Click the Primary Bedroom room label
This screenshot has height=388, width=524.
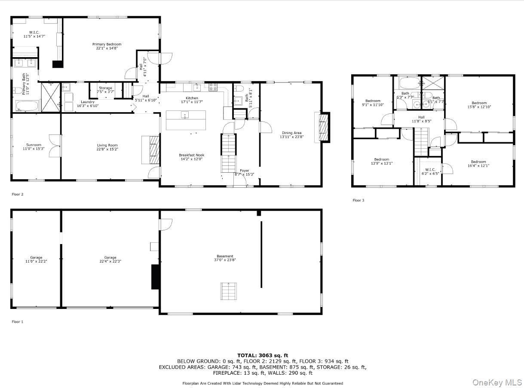tap(107, 44)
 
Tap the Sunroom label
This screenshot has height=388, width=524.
tap(34, 145)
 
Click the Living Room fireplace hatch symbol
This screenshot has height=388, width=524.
tap(154, 150)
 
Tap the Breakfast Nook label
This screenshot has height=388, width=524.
tap(191, 155)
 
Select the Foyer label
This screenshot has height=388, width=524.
tap(244, 171)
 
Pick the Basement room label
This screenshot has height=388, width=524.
tap(225, 257)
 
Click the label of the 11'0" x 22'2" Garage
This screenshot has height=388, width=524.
tap(36, 257)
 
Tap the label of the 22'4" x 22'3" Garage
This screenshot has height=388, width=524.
tap(110, 257)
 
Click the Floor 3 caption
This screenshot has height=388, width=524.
tap(359, 200)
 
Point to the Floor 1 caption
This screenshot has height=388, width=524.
tap(17, 321)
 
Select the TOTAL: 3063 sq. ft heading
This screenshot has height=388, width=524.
tap(263, 355)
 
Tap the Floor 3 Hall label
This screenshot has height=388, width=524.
tap(421, 117)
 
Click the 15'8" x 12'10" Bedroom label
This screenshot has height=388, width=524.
tap(479, 103)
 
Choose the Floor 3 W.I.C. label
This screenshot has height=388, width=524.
tap(430, 169)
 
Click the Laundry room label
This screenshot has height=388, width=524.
tap(88, 102)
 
